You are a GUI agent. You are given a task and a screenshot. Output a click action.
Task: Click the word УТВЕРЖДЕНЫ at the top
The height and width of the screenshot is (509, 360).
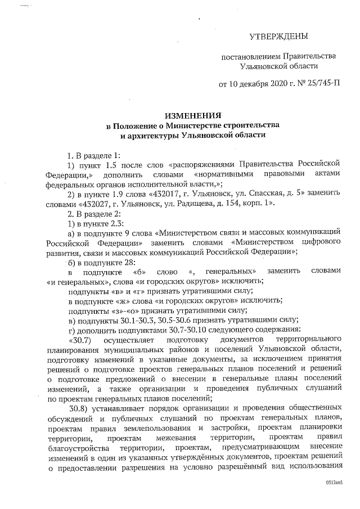click(x=279, y=37)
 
